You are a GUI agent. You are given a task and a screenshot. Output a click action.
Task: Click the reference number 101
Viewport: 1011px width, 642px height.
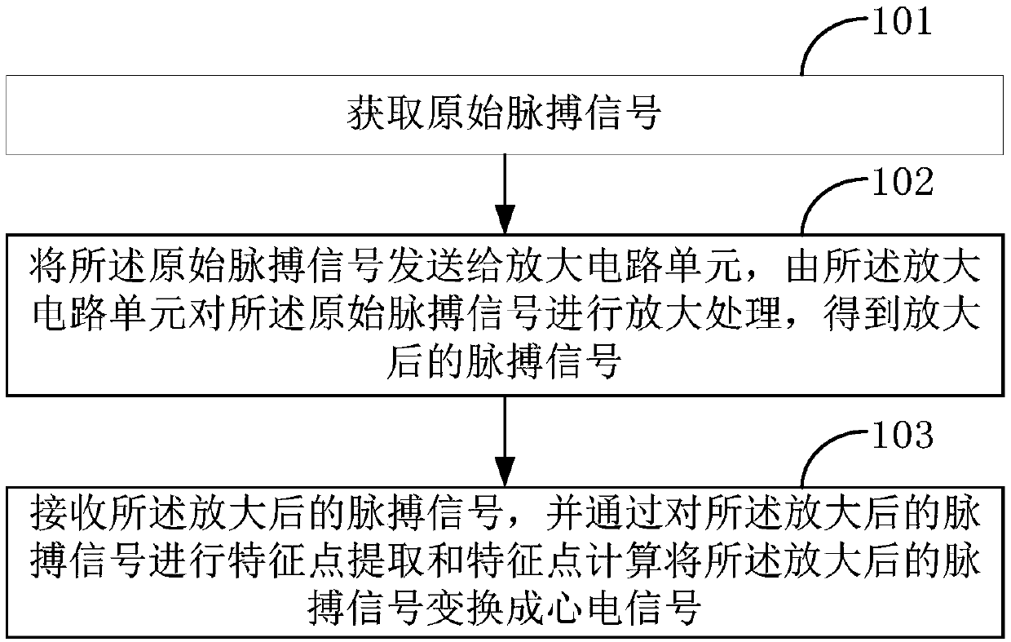[901, 22]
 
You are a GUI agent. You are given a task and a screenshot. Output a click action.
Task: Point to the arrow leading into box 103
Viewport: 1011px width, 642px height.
[505, 441]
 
